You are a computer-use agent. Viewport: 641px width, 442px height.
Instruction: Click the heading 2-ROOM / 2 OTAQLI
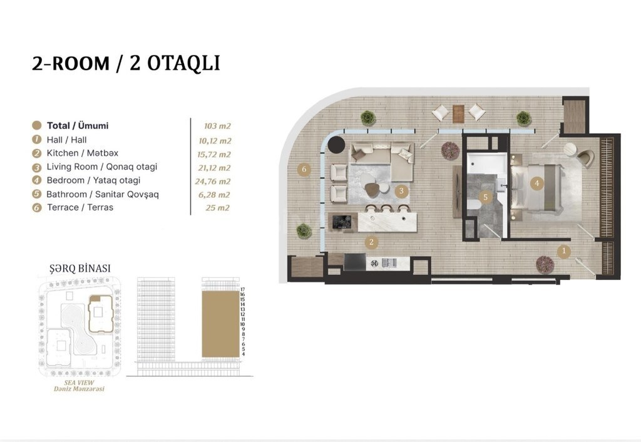click(126, 63)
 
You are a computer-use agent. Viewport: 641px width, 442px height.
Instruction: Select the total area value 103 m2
click(217, 126)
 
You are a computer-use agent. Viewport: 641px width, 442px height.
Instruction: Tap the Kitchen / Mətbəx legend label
click(83, 153)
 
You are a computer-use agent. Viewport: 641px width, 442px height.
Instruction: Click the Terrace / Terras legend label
click(80, 207)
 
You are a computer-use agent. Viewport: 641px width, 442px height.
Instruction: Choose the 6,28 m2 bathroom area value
click(214, 195)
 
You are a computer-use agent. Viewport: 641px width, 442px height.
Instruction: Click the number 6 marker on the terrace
click(304, 169)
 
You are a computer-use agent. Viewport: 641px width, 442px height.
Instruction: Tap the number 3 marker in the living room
click(401, 190)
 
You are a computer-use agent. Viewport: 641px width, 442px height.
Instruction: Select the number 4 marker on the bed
click(537, 183)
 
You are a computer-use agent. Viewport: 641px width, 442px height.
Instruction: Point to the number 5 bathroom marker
click(486, 197)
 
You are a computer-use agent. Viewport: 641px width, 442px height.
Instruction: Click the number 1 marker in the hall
click(564, 252)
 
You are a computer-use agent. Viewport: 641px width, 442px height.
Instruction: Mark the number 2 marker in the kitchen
click(371, 242)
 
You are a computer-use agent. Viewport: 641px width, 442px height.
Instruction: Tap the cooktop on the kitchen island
click(342, 222)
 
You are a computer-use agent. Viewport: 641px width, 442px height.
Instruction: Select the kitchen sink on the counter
click(389, 262)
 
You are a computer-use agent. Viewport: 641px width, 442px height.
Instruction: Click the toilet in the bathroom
click(474, 204)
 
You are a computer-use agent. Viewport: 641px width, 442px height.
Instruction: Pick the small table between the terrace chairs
click(459, 114)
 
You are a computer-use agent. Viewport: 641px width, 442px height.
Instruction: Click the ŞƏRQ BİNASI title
click(80, 269)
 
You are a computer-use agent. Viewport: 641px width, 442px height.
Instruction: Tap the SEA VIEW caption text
click(79, 383)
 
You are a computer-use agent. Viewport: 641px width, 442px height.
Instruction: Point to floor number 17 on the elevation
click(242, 289)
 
